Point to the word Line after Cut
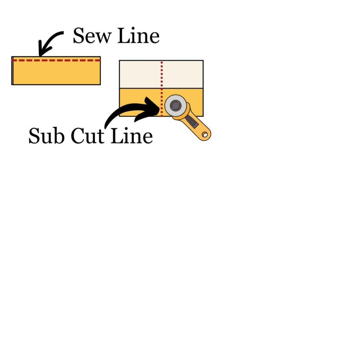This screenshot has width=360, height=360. [x=131, y=136]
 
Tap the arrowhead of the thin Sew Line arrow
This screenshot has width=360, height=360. [x=41, y=53]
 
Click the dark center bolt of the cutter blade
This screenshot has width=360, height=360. [x=175, y=105]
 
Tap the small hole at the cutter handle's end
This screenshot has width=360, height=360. [x=205, y=135]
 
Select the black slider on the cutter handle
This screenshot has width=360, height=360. [x=192, y=121]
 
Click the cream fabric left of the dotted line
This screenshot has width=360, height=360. [x=140, y=74]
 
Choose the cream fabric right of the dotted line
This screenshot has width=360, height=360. [x=182, y=74]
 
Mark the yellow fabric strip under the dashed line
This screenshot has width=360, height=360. [x=56, y=74]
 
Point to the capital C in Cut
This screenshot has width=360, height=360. [x=77, y=136]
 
